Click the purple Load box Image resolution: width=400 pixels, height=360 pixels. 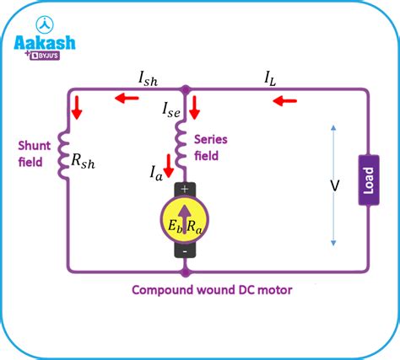point(369,180)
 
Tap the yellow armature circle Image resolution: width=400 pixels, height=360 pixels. point(185,219)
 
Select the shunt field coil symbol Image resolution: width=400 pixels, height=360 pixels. point(63,155)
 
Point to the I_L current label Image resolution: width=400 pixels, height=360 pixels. point(270,78)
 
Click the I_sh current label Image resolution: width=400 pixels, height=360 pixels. point(149,78)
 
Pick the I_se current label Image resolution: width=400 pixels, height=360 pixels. point(171,110)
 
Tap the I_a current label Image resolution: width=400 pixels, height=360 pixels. point(156,173)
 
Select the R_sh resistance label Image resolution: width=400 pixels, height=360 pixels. point(83,161)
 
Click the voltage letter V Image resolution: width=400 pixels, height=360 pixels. point(335,185)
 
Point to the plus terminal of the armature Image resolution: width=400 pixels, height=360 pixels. point(185,189)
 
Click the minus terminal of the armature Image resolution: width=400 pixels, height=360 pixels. point(185,251)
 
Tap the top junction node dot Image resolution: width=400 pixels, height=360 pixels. point(186,89)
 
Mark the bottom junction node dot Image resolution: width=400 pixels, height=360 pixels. point(185,272)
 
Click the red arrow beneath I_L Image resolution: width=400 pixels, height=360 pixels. point(284,100)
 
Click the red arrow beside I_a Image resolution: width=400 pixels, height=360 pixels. point(169,166)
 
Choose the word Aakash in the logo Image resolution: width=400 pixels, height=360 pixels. point(45,43)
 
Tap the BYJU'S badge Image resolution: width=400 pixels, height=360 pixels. point(45,56)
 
